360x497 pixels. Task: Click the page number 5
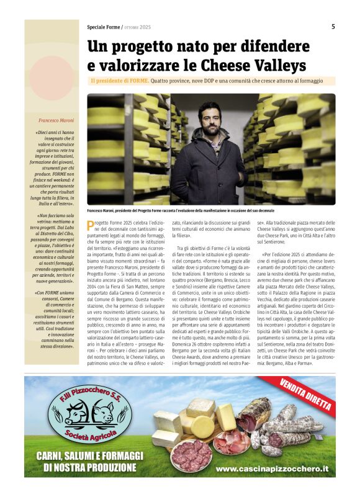[x=333, y=27]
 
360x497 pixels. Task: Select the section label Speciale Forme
[x=104, y=27]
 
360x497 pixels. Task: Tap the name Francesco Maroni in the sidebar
[x=56, y=119]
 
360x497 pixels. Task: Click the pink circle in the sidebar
[x=50, y=78]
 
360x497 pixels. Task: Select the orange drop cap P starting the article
[x=91, y=225]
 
